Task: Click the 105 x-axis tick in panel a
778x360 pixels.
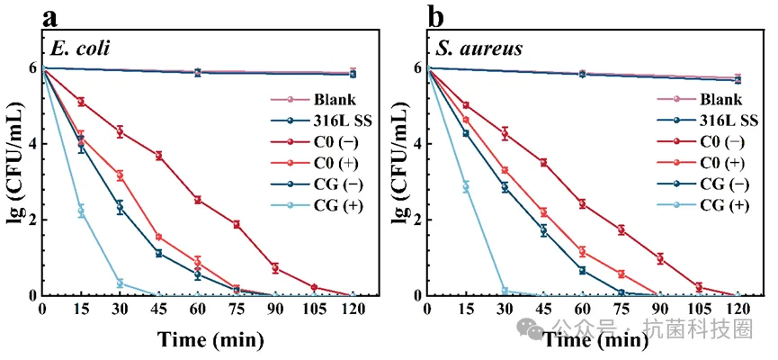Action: (314, 310)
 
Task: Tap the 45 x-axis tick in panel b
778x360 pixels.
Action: (542, 310)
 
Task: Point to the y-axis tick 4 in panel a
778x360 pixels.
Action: (32, 144)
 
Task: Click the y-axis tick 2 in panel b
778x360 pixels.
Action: (417, 220)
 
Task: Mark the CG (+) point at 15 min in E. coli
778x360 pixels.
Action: (81, 211)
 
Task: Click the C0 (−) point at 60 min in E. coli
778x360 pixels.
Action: (198, 200)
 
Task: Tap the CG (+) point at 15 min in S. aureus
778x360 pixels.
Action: (465, 186)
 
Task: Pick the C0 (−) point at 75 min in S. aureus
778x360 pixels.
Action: (621, 230)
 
